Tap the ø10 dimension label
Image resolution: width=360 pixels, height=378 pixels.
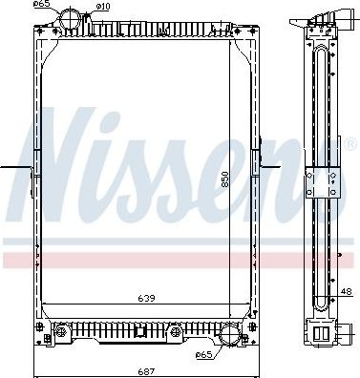click(x=103, y=8)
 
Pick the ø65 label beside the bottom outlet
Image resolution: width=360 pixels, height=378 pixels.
click(x=203, y=355)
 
